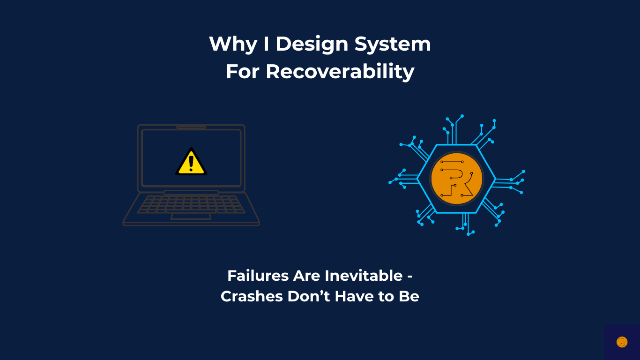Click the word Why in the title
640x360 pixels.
(233, 45)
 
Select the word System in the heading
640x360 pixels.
(393, 45)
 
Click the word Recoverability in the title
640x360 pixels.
(340, 72)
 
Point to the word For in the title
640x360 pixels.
(243, 72)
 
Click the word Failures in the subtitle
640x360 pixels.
(258, 276)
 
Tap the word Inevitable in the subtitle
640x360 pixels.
(364, 276)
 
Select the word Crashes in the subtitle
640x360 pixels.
(252, 296)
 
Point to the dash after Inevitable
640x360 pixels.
(409, 277)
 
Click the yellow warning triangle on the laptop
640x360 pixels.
(191, 162)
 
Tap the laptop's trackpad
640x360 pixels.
(191, 217)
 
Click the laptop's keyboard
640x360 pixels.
(191, 204)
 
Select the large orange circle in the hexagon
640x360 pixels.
(456, 179)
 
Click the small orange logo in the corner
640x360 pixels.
(622, 342)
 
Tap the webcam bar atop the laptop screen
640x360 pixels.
(191, 127)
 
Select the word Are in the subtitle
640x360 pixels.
(306, 276)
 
